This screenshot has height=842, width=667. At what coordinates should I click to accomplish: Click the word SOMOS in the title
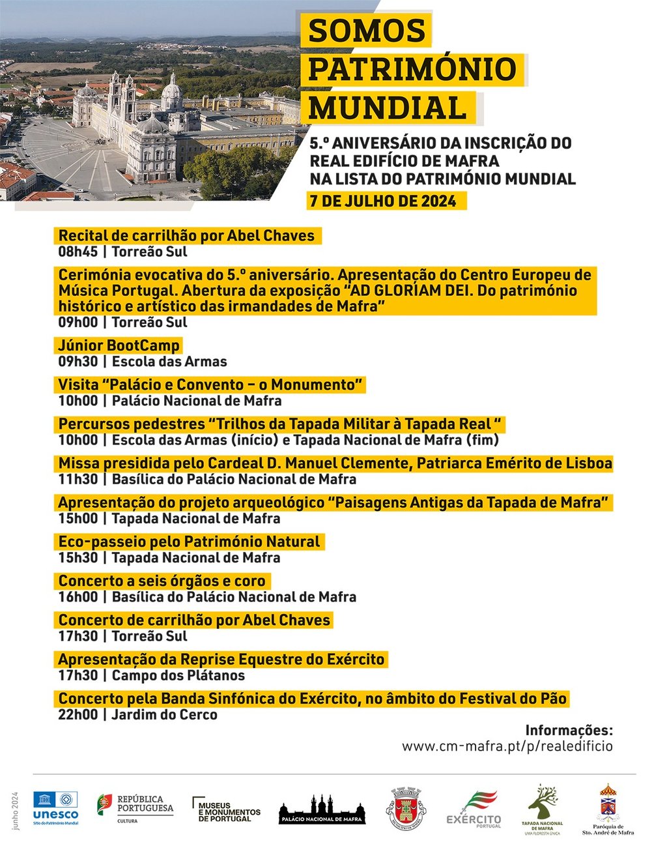point(367,31)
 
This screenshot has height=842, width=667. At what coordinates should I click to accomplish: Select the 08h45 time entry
point(78,252)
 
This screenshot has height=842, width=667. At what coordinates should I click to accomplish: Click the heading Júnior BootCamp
point(119,345)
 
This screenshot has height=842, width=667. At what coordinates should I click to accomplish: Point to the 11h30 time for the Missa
point(78,480)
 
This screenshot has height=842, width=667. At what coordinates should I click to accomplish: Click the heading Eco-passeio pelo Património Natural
point(189,542)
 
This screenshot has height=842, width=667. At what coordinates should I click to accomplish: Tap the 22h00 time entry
point(78,715)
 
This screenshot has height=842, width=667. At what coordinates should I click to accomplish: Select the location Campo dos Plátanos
point(178,676)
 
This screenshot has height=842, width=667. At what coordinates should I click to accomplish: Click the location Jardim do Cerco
point(164,715)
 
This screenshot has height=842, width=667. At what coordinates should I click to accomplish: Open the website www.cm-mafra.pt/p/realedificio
point(507,746)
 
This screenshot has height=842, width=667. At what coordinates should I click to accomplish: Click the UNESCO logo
point(55,809)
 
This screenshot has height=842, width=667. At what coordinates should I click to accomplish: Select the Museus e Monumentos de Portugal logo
point(226,809)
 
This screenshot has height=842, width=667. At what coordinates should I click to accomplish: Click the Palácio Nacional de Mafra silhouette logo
point(322,809)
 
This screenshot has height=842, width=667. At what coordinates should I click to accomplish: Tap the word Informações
point(569,730)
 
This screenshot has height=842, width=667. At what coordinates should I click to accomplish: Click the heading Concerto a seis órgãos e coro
point(162,581)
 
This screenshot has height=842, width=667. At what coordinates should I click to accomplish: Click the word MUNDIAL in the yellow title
point(388,107)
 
